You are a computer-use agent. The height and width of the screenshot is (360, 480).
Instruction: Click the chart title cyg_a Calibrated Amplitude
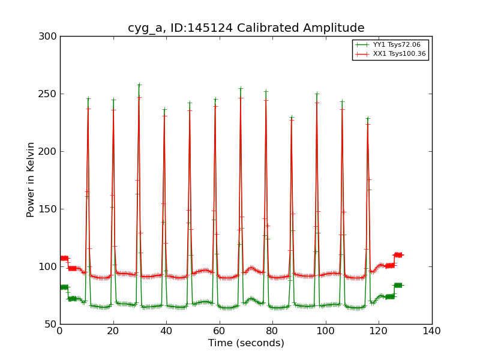click(x=246, y=28)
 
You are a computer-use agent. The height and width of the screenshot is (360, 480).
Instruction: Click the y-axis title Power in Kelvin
click(x=31, y=180)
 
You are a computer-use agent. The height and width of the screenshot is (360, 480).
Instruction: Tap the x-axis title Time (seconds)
click(x=246, y=343)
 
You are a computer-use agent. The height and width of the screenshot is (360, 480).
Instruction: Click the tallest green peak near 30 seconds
click(x=139, y=85)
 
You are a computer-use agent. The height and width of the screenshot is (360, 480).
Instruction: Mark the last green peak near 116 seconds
click(x=368, y=119)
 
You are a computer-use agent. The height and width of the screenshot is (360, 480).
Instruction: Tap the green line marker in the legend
click(x=362, y=45)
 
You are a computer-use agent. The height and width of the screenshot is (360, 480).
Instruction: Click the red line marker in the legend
click(x=362, y=54)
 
